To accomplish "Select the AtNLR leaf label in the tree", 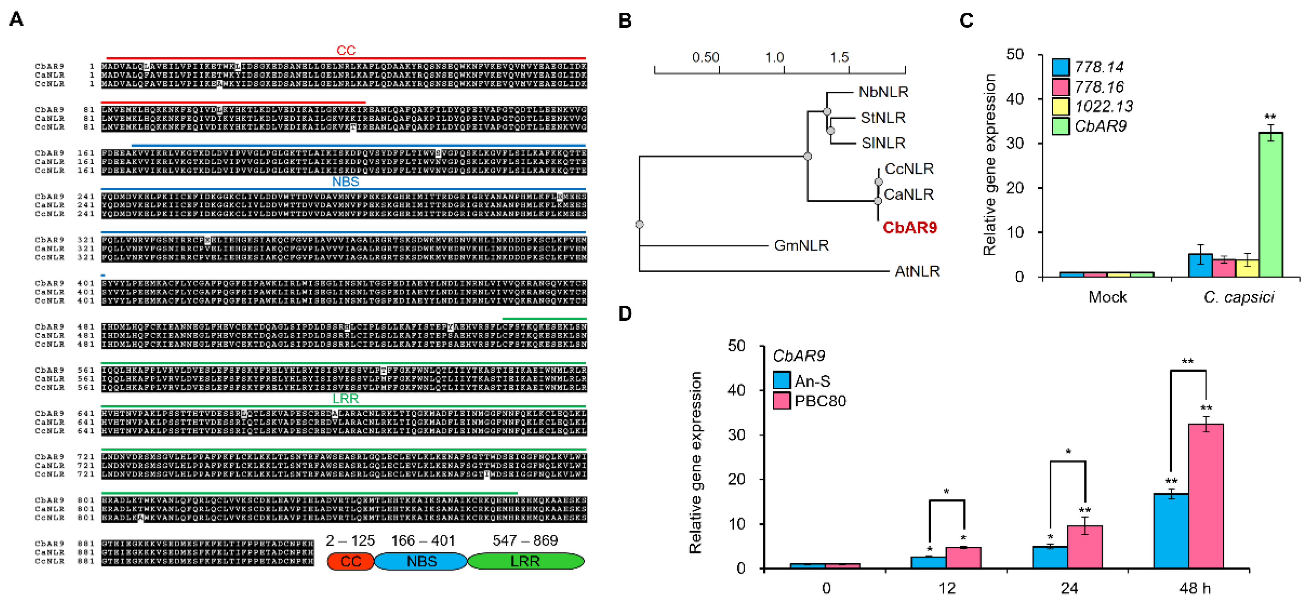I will [917, 271].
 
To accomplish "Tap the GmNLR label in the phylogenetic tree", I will [801, 246].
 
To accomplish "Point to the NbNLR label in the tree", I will [883, 92].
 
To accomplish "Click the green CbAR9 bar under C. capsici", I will [1270, 205].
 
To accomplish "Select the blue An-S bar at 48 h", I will [1171, 531].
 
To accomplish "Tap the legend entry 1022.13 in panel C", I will [1103, 107].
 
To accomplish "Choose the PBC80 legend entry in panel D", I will [820, 401].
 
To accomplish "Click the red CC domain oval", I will [351, 561].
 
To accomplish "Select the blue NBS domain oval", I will [421, 561].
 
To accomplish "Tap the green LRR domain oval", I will [525, 561].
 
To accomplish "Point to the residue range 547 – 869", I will [525, 540].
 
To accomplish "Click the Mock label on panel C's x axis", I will [1107, 297].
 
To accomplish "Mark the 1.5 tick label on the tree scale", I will [839, 57].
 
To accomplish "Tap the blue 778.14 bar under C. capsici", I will [1200, 265].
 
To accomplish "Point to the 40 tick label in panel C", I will [1015, 99].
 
